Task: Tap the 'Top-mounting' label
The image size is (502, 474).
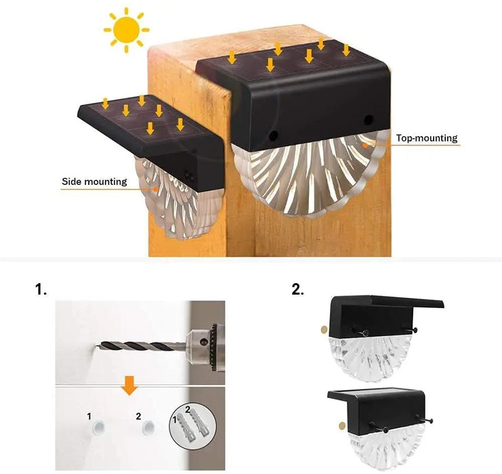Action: point(427,138)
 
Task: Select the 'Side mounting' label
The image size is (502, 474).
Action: point(94,181)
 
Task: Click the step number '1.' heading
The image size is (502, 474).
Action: point(41,289)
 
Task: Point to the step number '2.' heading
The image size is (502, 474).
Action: point(297,289)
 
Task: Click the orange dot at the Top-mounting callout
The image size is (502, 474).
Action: point(366,144)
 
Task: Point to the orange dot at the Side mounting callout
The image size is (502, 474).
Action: point(156,189)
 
